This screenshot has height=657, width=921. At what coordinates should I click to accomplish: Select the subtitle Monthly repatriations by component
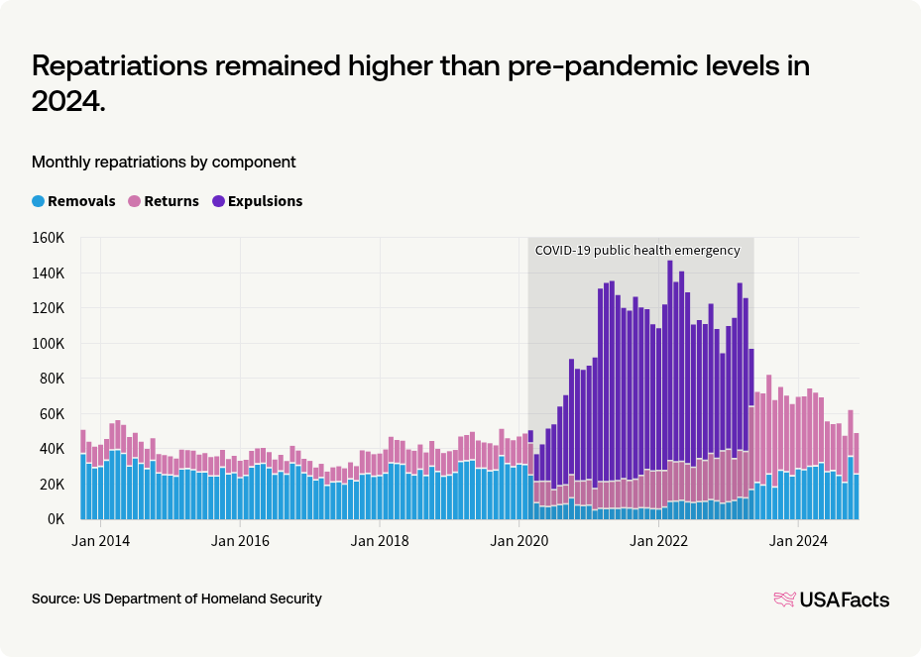pos(164,162)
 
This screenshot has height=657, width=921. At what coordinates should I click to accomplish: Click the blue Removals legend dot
pos(38,201)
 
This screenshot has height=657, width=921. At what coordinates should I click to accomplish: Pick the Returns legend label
pos(172,201)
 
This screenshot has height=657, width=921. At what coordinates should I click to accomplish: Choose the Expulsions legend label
pos(265,201)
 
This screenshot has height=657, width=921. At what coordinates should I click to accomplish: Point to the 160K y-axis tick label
pos(48,238)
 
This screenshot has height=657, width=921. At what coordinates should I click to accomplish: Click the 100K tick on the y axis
pos(48,344)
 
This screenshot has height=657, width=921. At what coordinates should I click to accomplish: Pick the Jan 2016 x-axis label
pos(240,541)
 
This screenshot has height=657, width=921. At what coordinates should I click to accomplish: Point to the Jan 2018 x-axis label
pos(381,541)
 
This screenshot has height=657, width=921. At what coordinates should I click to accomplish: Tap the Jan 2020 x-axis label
pos(520,541)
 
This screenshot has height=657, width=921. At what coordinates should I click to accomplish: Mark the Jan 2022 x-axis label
pos(660,541)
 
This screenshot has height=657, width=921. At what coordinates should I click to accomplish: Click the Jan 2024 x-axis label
pos(800,541)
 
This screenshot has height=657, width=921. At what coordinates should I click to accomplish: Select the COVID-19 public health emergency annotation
pos(637,251)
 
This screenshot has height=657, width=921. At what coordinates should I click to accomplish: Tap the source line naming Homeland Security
pos(176,600)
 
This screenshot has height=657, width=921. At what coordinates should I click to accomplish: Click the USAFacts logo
pos(831,600)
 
